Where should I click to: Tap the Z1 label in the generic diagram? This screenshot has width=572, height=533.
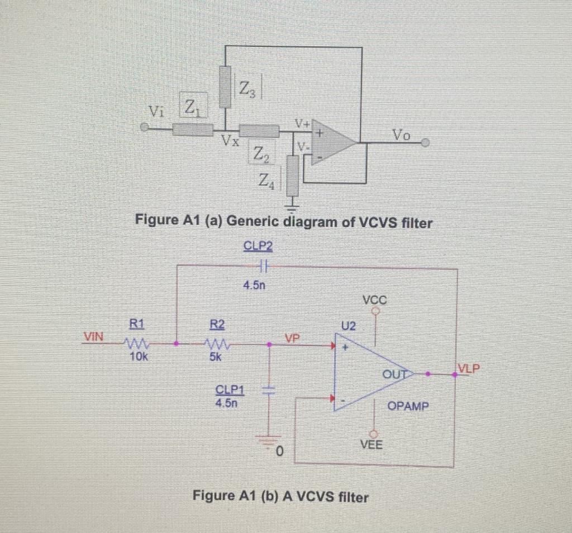192,105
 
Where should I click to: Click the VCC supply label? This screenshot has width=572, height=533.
374,299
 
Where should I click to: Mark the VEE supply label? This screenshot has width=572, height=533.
371,445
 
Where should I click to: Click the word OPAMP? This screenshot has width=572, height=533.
408,406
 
